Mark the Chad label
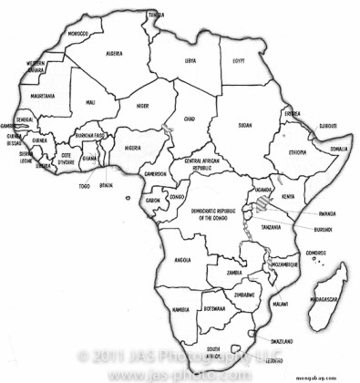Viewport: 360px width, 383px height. (x=189, y=119)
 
